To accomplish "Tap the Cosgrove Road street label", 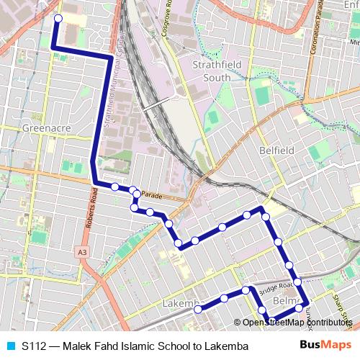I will coord(168,22).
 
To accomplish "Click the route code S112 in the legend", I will coord(34,346).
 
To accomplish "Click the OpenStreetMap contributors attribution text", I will coord(297,322).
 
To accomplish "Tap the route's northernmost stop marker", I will coord(58,19).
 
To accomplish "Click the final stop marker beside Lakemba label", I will coord(198,310).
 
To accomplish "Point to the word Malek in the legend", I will coord(77,346).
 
